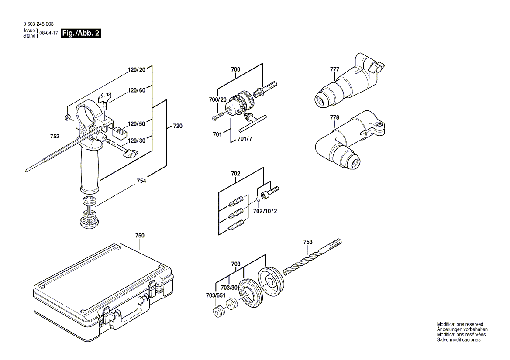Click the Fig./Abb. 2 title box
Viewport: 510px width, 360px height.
click(81, 33)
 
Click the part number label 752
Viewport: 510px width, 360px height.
click(55, 137)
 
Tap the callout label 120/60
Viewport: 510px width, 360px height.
click(136, 91)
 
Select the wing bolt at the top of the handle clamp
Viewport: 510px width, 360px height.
click(105, 99)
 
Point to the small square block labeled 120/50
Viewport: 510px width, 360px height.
click(119, 131)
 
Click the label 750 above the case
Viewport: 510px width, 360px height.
click(140, 236)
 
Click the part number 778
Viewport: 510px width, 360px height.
click(334, 117)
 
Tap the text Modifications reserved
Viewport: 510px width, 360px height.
click(460, 324)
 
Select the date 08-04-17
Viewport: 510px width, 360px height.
click(48, 33)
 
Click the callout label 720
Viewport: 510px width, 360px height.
click(178, 126)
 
